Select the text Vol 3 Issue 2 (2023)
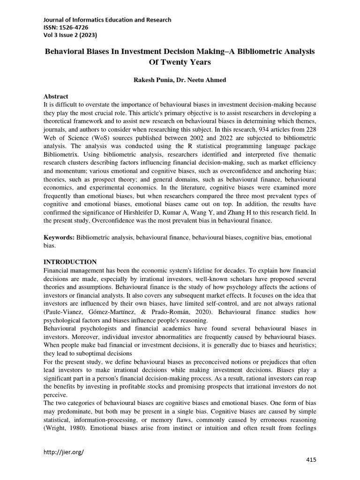pyautogui.click(x=70, y=36)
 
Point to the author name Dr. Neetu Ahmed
pyautogui.click(x=200, y=80)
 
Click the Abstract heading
pyautogui.click(x=56, y=96)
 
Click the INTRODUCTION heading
pyautogui.click(x=70, y=262)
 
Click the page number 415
pyautogui.click(x=311, y=460)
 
